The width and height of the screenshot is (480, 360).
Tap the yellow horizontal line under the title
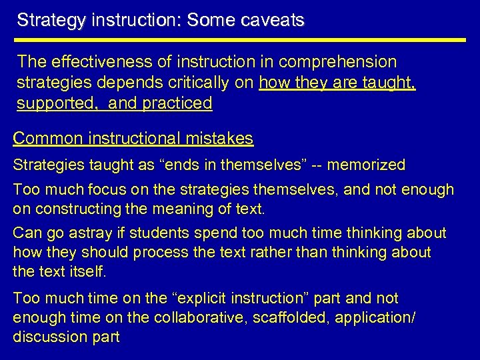pyautogui.click(x=241, y=40)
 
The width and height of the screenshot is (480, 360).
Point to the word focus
pyautogui.click(x=96, y=190)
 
